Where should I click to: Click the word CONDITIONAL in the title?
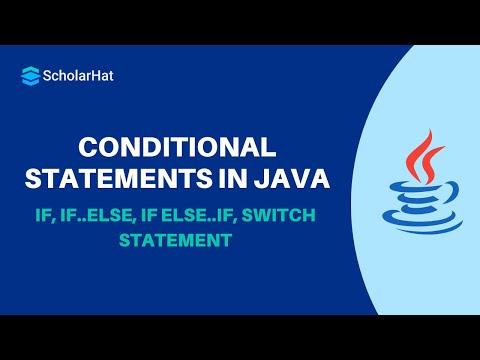coord(176,148)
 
